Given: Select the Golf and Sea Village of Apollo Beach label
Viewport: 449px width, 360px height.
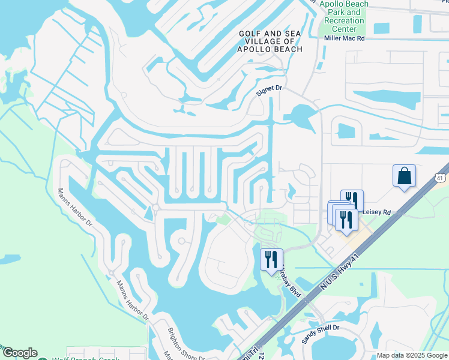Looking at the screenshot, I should pos(270,41).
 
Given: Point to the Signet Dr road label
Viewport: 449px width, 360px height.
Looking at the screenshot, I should pos(269,89).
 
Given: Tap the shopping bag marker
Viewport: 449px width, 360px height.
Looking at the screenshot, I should pos(404,176).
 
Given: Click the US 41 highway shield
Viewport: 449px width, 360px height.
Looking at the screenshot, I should pos(441,178).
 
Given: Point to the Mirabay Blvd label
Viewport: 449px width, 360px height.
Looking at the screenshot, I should pos(291,279).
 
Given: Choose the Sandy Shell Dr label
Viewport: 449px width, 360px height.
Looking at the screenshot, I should pos(321,334).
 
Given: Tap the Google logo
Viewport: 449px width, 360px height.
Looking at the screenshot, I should pos(20,353).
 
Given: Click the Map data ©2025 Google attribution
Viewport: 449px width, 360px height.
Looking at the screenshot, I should pos(412,355).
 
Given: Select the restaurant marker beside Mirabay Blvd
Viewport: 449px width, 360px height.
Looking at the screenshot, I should pos(271,259).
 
